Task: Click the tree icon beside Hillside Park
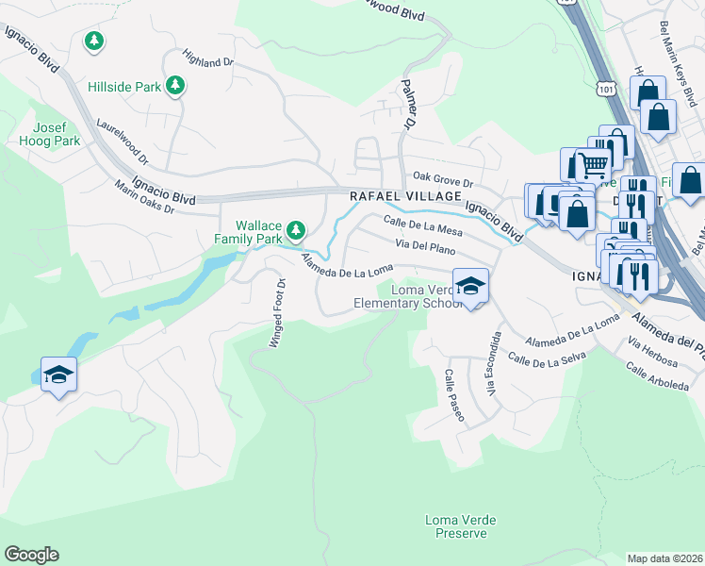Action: pyautogui.click(x=174, y=86)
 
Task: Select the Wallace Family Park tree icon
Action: pyautogui.click(x=296, y=229)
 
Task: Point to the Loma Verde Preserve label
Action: pyautogui.click(x=460, y=526)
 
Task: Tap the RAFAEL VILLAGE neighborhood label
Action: pyautogui.click(x=405, y=196)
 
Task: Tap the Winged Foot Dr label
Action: pyautogui.click(x=277, y=313)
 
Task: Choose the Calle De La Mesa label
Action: pyautogui.click(x=422, y=225)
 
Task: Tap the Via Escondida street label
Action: pyautogui.click(x=491, y=364)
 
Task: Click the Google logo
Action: pyautogui.click(x=31, y=555)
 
